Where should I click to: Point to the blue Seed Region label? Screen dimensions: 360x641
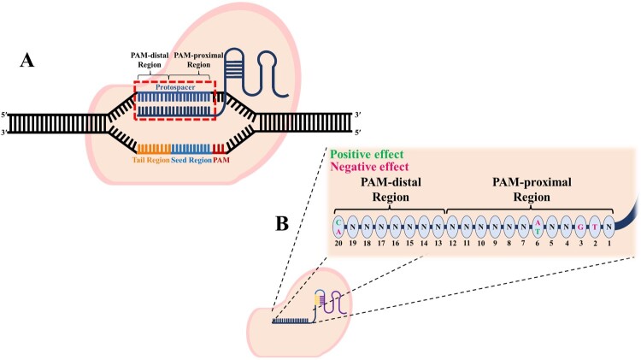coord(191,160)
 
